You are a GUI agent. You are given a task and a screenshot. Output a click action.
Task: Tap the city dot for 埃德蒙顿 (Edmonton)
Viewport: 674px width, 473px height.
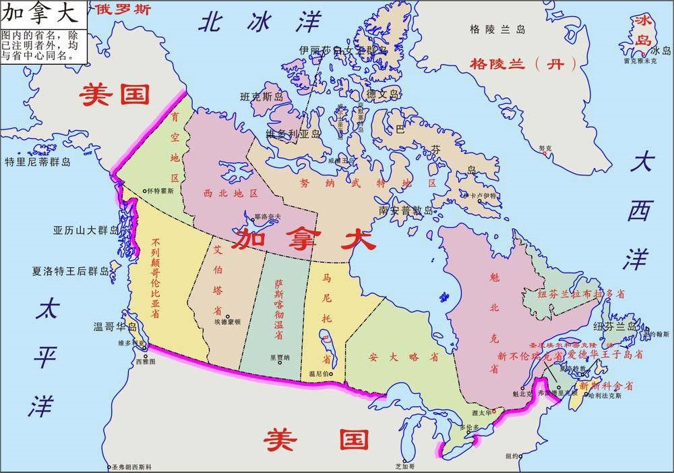click(228, 316)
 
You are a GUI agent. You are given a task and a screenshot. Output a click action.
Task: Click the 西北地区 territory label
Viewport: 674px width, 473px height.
click(231, 193)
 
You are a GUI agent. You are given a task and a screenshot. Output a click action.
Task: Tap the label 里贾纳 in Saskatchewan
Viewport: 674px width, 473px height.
click(280, 358)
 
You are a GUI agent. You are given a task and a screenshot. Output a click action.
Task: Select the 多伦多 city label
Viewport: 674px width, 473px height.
click(470, 427)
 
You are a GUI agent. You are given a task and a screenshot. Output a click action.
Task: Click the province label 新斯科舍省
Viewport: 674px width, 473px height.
click(607, 386)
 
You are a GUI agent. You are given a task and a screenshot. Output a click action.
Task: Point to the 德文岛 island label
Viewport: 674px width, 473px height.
click(383, 94)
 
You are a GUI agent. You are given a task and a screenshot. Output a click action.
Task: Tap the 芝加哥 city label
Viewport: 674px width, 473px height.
click(404, 466)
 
